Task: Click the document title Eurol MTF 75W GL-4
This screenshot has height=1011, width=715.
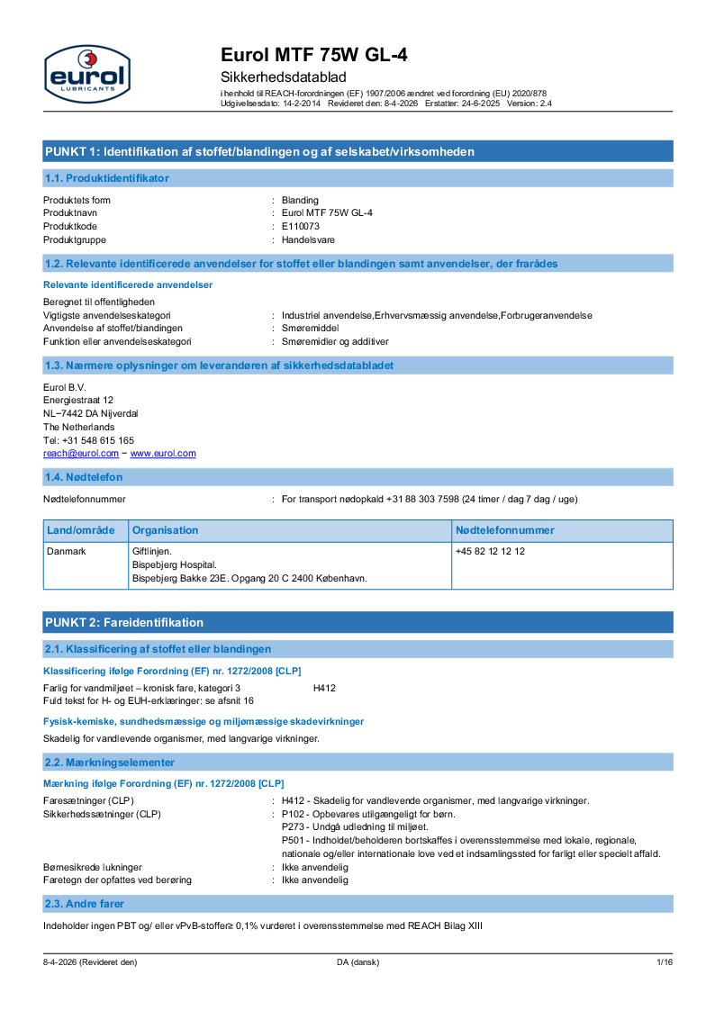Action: [x=314, y=56]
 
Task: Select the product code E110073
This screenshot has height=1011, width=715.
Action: [x=301, y=226]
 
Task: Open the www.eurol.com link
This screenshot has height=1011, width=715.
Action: [x=163, y=454]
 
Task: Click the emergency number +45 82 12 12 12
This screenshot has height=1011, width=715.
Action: [x=490, y=551]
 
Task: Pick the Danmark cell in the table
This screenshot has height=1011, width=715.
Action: [x=66, y=551]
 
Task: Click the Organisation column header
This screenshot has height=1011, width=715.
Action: [x=166, y=530]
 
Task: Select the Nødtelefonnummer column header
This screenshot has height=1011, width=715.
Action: [x=505, y=530]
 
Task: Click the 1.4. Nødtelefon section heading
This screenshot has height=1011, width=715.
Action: [x=84, y=476]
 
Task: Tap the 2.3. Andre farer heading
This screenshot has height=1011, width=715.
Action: [x=85, y=903]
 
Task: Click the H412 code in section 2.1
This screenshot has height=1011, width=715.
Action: [x=324, y=688]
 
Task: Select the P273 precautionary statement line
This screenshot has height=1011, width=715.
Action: [x=355, y=826]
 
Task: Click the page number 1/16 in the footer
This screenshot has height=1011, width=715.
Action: [x=665, y=962]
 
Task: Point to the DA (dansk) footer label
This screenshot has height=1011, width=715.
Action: [x=358, y=962]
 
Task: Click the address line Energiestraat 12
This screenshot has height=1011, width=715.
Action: [x=78, y=400]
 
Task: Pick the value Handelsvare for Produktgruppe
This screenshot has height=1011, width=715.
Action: [x=308, y=239]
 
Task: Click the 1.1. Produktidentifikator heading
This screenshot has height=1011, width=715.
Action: [x=106, y=178]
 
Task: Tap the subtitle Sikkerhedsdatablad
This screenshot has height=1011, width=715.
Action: [x=284, y=77]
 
